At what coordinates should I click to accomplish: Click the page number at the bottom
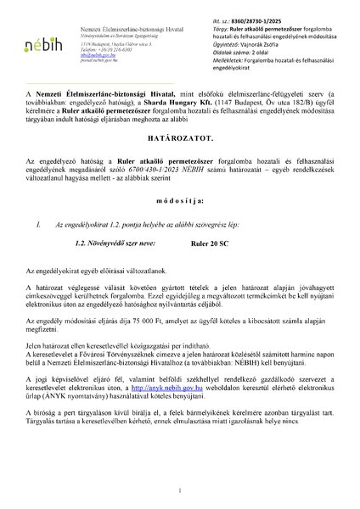(x=180, y=491)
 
